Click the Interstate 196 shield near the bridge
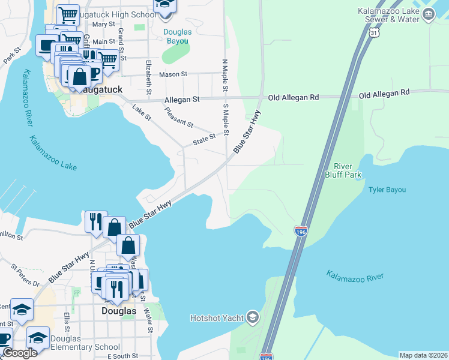pyautogui.click(x=301, y=230)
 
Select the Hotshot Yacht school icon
pyautogui.click(x=253, y=317)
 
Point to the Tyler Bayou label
pyautogui.click(x=387, y=190)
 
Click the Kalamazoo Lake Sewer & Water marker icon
pyautogui.click(x=428, y=16)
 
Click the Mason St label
pyautogui.click(x=173, y=75)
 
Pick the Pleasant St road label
pyautogui.click(x=179, y=118)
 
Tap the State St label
pyautogui.click(x=204, y=139)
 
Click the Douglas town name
pyautogui.click(x=118, y=311)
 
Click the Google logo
pyautogui.click(x=19, y=353)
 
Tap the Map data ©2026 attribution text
pyautogui.click(x=423, y=355)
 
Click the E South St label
pyautogui.click(x=122, y=356)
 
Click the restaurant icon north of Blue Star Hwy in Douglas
pyautogui.click(x=95, y=221)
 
